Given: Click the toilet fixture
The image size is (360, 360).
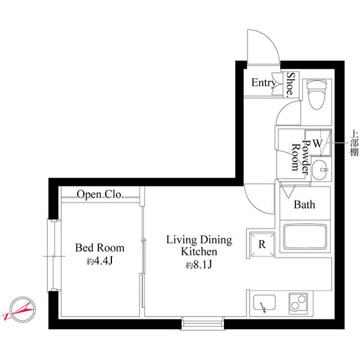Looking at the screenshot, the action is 317,94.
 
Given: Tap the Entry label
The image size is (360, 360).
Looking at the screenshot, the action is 264,83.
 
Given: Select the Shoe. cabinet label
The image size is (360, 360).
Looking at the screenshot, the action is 291,84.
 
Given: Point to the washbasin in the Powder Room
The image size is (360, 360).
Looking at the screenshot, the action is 320,170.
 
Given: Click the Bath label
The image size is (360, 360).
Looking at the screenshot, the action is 304,205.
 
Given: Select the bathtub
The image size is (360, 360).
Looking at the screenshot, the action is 305,237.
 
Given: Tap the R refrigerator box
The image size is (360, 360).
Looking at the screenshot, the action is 262,244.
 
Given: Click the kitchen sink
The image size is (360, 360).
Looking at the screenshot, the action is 264,303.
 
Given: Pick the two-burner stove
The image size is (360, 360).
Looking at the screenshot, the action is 298,303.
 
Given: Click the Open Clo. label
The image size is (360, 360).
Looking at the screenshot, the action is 100,195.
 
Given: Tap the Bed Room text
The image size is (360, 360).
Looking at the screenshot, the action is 100,247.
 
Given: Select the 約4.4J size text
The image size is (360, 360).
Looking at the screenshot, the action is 100,261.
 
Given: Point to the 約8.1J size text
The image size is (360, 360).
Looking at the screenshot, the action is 199,265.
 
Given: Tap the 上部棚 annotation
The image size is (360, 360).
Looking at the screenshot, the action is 354,143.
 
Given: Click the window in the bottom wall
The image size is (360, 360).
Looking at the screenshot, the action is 202,323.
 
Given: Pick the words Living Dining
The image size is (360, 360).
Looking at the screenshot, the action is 199,240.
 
